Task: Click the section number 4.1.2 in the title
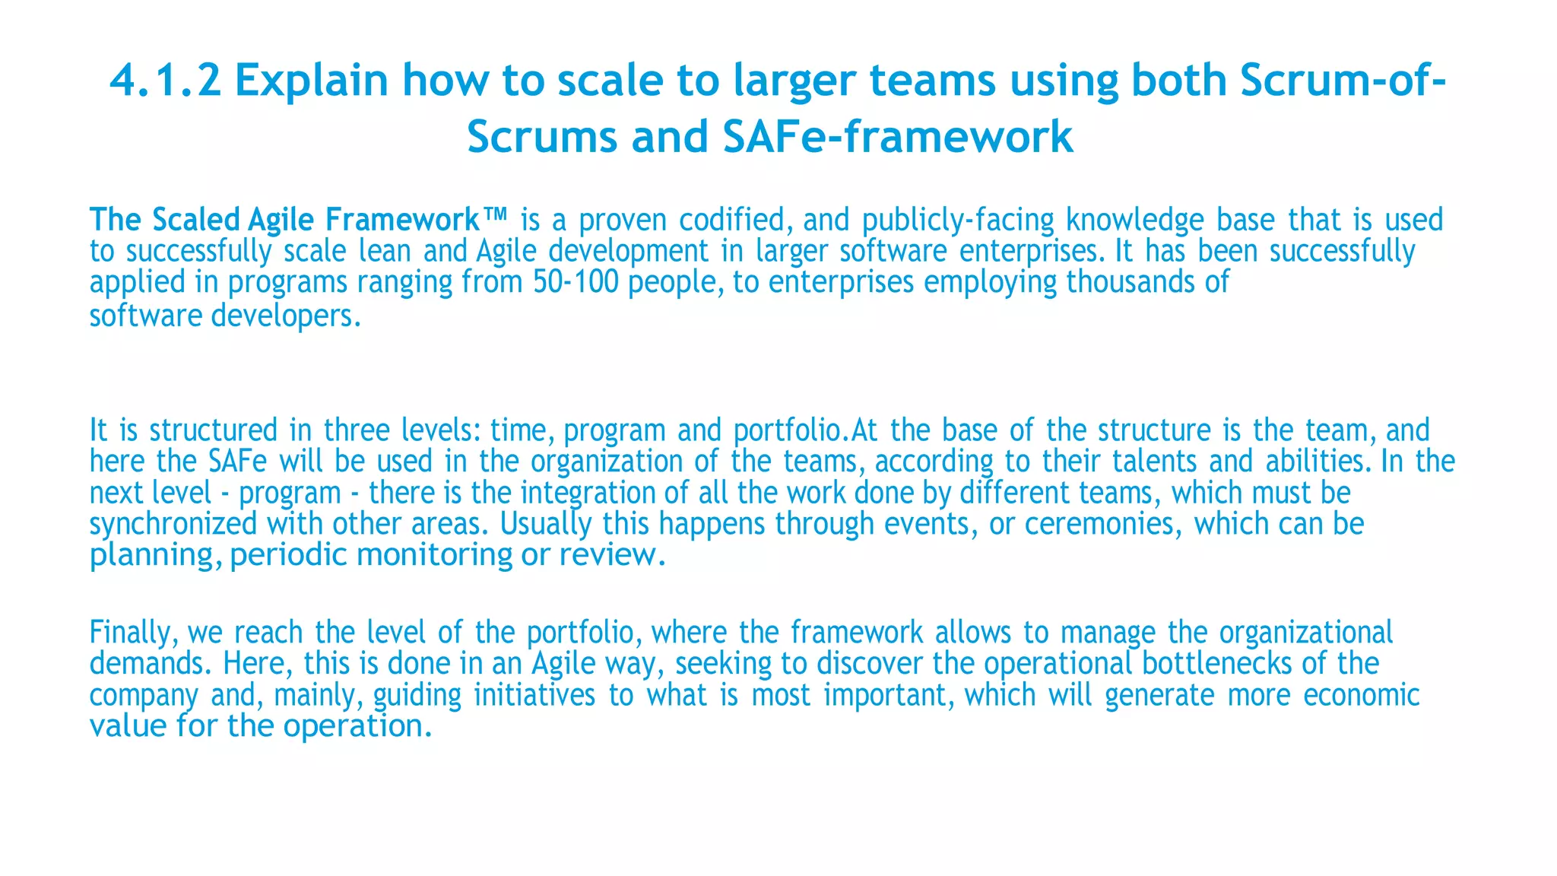166,81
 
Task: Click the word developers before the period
281,315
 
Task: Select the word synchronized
173,524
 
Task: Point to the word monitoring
434,555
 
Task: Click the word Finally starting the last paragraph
133,633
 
